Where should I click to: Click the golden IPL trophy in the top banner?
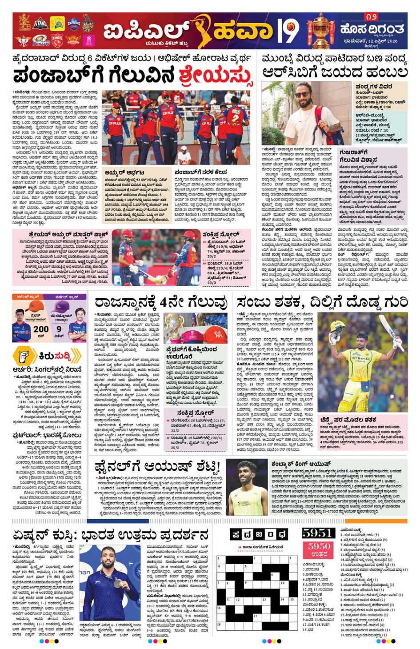(x=321, y=30)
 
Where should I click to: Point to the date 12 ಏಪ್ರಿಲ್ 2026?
(x=371, y=41)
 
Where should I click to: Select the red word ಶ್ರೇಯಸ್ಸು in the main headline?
(x=216, y=76)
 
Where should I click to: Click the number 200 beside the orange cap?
(x=41, y=329)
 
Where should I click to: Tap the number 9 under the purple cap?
(x=59, y=329)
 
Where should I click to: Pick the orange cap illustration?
(x=35, y=307)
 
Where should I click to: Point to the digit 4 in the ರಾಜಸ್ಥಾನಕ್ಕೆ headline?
(x=164, y=303)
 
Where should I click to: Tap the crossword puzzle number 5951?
(x=318, y=533)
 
